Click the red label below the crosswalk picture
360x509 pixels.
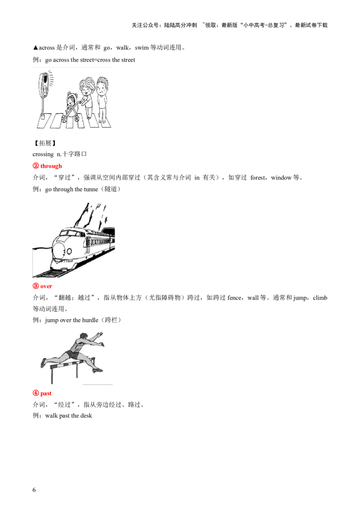pyautogui.click(x=47, y=166)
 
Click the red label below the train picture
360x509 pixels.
pyautogui.click(x=43, y=286)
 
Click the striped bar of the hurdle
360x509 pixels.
pyautogui.click(x=67, y=365)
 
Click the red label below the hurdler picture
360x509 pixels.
pyautogui.click(x=43, y=393)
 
